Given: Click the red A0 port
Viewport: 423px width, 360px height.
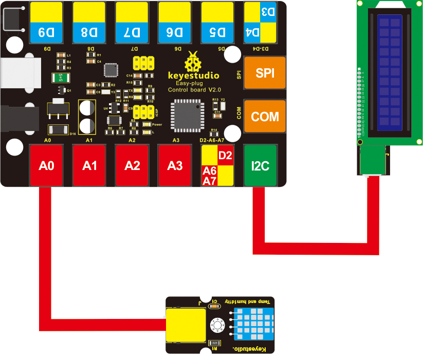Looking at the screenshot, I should coord(46,165).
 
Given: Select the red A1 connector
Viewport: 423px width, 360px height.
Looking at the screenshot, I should coord(89,165).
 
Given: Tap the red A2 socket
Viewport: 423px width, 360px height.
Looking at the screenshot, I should coord(132,165).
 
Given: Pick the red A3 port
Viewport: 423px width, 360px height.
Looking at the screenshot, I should coord(175,165).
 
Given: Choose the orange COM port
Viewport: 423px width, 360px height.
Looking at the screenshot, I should coord(265,117).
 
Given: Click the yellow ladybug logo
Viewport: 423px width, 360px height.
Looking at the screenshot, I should coord(193,63).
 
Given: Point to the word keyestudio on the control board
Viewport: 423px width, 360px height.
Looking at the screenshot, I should coord(194,76).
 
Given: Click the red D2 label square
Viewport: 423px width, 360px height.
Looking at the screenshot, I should coord(225,156).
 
